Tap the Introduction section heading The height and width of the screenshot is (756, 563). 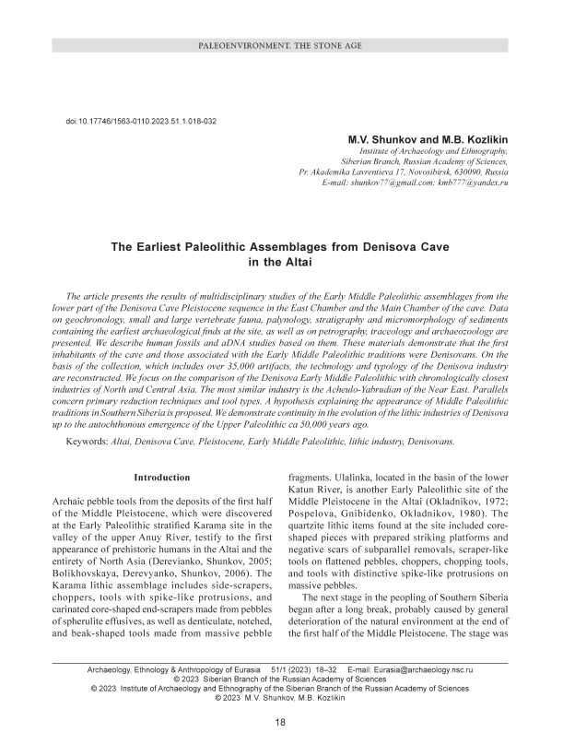click(162, 478)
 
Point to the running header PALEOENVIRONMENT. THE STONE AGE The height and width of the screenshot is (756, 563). click(281, 45)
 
